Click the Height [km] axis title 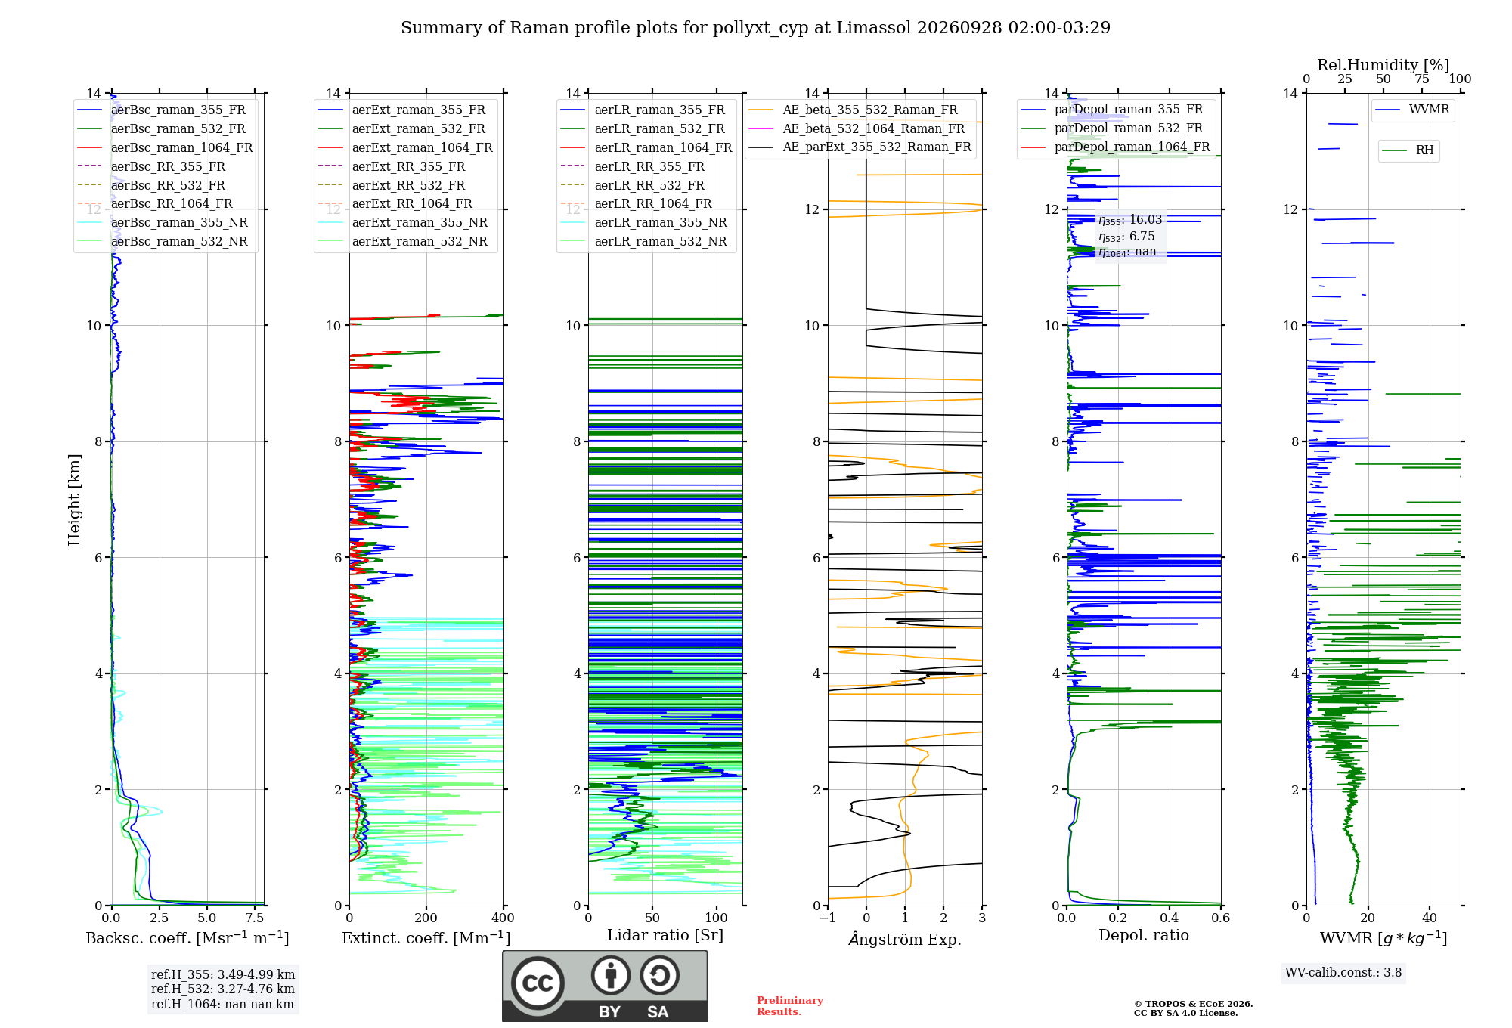tap(74, 500)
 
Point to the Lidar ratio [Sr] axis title tap(665, 935)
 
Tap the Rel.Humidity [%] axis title tap(1383, 65)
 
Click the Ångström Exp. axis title tap(905, 939)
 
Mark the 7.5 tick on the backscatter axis tap(256, 918)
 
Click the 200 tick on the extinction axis tap(426, 918)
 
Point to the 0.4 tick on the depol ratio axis tap(1170, 918)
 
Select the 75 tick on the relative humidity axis tap(1422, 79)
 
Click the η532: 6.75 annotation tap(1126, 237)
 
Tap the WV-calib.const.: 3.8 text tap(1343, 973)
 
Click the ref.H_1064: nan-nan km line tap(222, 1004)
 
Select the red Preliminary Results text tap(790, 1006)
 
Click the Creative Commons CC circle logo tap(538, 983)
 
